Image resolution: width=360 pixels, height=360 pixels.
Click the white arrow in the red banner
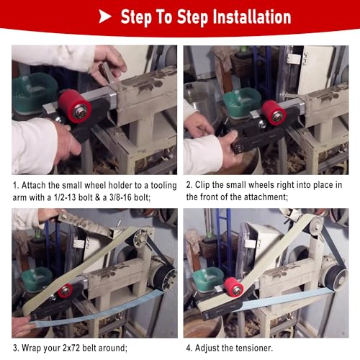coord(104,17)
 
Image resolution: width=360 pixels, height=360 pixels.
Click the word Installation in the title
coord(252,17)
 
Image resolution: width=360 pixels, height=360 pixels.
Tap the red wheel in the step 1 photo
coord(75,106)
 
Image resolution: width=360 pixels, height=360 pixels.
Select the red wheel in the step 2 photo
coord(274,113)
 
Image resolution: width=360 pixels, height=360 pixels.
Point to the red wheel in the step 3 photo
coord(65,290)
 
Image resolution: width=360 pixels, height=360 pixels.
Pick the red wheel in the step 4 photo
coord(233,287)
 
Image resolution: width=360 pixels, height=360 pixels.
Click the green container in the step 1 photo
coord(34,92)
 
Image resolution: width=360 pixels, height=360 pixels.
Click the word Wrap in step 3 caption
coord(30,348)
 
